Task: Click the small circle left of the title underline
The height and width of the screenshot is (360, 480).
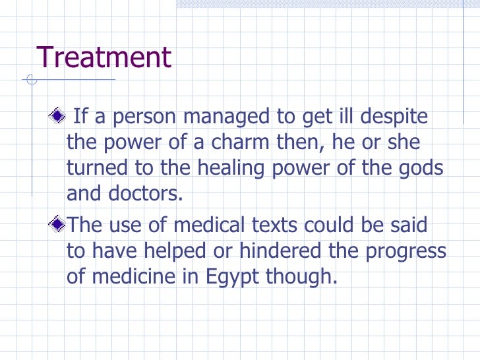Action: [x=31, y=81]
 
